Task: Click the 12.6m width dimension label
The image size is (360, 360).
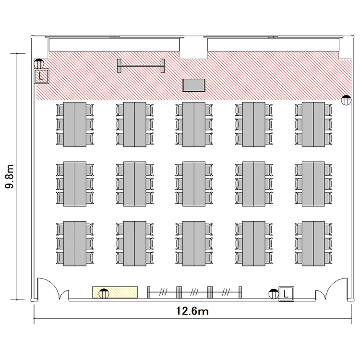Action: (x=192, y=311)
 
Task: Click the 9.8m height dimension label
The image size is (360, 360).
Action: (x=10, y=176)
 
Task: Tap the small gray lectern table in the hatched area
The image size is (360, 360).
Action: (x=194, y=85)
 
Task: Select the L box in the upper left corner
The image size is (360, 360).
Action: (x=42, y=76)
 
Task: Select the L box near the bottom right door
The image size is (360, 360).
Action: (x=286, y=294)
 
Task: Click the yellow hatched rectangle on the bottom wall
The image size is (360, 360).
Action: (x=115, y=292)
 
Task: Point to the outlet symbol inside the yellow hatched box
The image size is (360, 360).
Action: (x=104, y=293)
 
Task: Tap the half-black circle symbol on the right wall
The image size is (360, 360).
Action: (x=346, y=100)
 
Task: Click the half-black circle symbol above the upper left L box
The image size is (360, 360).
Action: (x=39, y=63)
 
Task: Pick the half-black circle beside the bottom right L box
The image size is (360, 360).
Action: (x=274, y=294)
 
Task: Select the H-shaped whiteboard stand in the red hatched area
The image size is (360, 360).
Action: (x=141, y=66)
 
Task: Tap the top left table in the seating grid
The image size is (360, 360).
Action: (x=75, y=124)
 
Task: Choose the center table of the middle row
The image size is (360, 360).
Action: (x=194, y=184)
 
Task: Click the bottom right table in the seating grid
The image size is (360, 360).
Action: (x=313, y=243)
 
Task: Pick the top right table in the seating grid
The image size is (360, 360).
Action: (x=313, y=124)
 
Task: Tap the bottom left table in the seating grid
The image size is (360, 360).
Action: (x=75, y=243)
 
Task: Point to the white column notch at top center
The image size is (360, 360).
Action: (x=194, y=48)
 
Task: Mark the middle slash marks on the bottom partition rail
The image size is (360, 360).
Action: (x=194, y=292)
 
